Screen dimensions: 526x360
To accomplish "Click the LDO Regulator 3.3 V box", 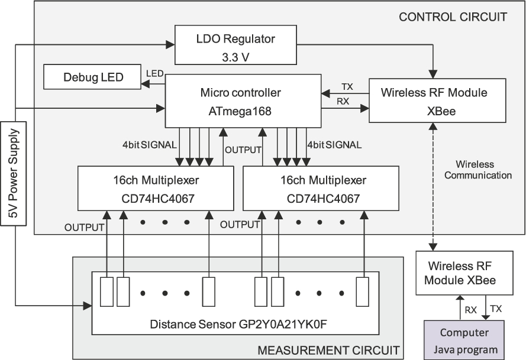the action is pyautogui.click(x=235, y=45).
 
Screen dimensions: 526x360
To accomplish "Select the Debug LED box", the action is pyautogui.click(x=92, y=77).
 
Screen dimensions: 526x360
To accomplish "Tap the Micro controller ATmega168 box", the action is pyautogui.click(x=243, y=101).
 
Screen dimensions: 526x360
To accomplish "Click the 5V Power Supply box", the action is pyautogui.click(x=13, y=173).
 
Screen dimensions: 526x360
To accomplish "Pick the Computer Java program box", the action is pyautogui.click(x=464, y=340).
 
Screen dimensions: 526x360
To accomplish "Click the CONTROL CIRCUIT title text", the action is pyautogui.click(x=453, y=17).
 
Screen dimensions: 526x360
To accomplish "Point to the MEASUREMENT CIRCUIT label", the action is pyautogui.click(x=328, y=351).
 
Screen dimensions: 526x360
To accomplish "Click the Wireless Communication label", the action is pyautogui.click(x=478, y=170).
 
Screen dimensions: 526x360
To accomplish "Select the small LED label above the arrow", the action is pyautogui.click(x=155, y=73).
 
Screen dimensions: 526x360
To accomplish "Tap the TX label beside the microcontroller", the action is pyautogui.click(x=347, y=87).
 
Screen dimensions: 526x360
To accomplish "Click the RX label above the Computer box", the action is pyautogui.click(x=470, y=310).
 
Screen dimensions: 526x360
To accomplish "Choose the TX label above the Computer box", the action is pyautogui.click(x=496, y=309).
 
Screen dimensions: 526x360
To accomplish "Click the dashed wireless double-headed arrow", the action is pyautogui.click(x=434, y=187).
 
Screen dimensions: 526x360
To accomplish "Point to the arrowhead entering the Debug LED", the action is pyautogui.click(x=145, y=84).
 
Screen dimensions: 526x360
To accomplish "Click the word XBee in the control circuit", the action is pyautogui.click(x=441, y=111).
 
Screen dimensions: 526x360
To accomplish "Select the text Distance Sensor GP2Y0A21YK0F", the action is pyautogui.click(x=238, y=324).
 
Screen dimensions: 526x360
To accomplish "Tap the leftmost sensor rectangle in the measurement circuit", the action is pyautogui.click(x=107, y=291).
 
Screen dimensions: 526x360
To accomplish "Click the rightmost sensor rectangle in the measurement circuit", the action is pyautogui.click(x=362, y=291).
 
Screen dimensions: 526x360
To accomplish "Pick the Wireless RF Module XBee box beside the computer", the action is pyautogui.click(x=464, y=273).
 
